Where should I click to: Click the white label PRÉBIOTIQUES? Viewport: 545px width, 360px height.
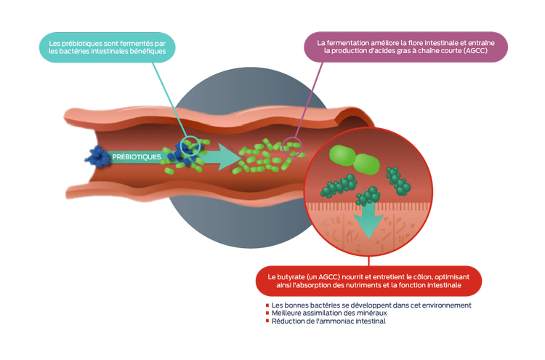pyautogui.click(x=136, y=156)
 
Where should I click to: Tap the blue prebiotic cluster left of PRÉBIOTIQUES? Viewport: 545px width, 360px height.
pyautogui.click(x=95, y=159)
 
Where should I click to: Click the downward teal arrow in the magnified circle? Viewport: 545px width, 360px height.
pyautogui.click(x=368, y=221)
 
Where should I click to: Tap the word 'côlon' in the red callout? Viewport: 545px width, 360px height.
pyautogui.click(x=419, y=277)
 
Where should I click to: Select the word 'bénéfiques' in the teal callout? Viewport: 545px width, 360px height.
pyautogui.click(x=148, y=52)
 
